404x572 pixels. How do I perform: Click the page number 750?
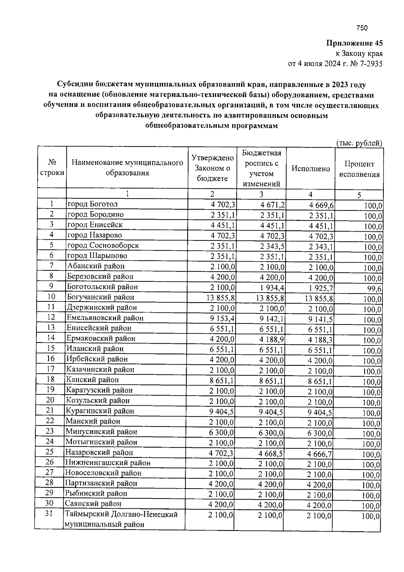362,28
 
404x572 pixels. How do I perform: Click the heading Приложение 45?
355,43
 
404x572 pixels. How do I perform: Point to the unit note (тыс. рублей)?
359,143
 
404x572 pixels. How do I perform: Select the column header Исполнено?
311,169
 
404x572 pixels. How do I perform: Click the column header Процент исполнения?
359,169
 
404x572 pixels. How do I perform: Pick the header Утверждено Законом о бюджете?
212,168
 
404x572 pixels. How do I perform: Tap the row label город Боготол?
93,204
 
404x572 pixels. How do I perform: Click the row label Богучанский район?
100,297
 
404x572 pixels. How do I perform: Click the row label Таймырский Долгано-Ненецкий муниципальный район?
121,519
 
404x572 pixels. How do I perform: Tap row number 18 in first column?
50,379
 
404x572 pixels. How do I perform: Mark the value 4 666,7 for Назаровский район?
319,454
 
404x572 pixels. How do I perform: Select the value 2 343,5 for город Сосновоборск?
272,246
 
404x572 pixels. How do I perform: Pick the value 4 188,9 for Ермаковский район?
272,339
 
